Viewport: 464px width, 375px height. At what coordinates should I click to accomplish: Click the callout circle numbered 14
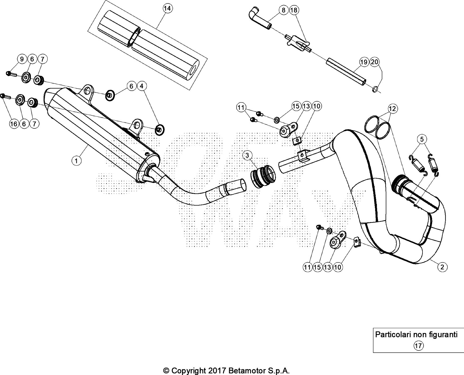coord(167,9)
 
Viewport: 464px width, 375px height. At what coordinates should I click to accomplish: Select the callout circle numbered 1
coord(77,161)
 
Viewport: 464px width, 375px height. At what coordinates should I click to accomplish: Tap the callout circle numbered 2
coord(442,267)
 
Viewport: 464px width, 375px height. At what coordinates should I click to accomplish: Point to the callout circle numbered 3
coord(247,155)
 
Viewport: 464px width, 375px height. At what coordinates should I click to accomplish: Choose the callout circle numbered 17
coord(418,345)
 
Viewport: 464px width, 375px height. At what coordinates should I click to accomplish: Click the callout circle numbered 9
coord(22,59)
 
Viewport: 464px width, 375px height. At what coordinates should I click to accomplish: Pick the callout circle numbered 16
coord(14,124)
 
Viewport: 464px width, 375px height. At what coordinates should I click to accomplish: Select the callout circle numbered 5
coord(422,139)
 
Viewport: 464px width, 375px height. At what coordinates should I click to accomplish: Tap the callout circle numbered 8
coord(283,10)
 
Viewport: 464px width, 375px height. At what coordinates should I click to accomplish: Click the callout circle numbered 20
coord(374,62)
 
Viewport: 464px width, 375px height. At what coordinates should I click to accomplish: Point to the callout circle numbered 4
coord(142,86)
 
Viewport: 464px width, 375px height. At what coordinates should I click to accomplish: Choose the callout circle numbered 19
coord(364,62)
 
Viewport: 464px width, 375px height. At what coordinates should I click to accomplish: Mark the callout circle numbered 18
coord(294,10)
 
